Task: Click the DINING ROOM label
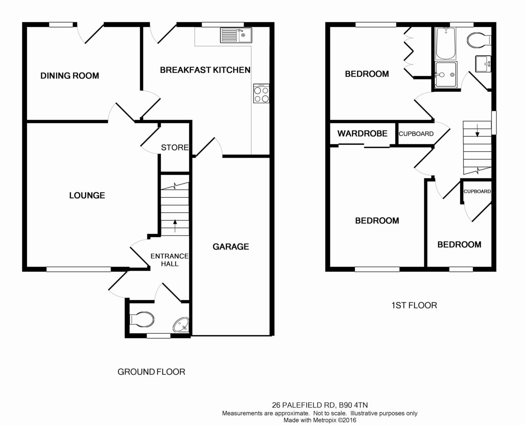point(70,76)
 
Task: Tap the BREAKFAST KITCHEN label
point(205,70)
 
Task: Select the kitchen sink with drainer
point(236,35)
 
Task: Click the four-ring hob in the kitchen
point(261,94)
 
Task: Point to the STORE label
point(175,148)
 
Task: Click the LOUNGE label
point(87,195)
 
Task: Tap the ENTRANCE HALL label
point(170,260)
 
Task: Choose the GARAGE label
point(231,247)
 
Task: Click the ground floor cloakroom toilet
point(142,320)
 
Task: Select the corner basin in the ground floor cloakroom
point(182,324)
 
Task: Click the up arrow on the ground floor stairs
point(175,226)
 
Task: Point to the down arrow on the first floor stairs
point(477,131)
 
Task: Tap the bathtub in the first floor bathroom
point(446,43)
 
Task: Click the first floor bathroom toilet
point(479,40)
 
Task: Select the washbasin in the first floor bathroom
point(483,64)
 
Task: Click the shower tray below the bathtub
point(446,74)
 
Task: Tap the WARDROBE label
point(362,133)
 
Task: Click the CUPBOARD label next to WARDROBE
point(416,134)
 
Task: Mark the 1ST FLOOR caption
point(414,306)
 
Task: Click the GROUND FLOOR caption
point(151,372)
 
